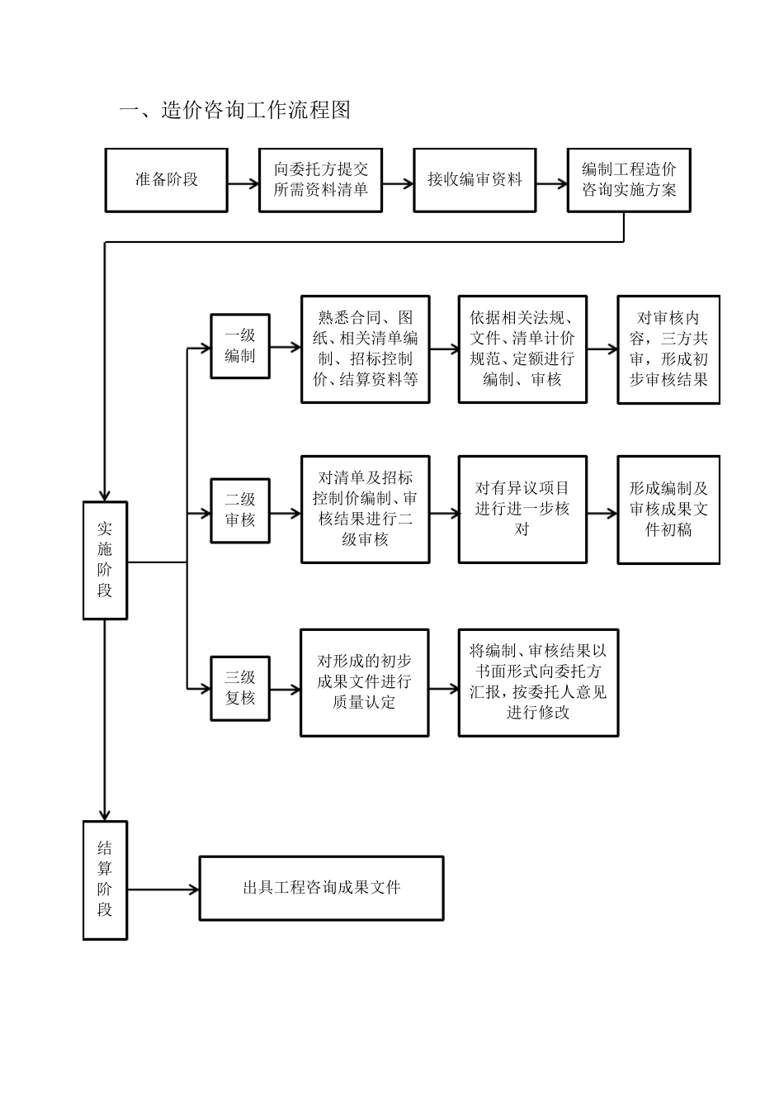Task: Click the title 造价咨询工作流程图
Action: pos(235,110)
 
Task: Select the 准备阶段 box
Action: pos(166,180)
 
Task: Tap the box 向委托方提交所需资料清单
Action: pos(320,180)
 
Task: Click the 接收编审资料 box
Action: pos(475,180)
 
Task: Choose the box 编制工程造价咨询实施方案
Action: pos(629,180)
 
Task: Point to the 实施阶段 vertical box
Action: pos(105,560)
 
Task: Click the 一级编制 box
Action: pos(240,346)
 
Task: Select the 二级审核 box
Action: pos(240,510)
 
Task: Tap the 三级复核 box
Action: pos(240,688)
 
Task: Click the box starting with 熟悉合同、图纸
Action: pos(365,349)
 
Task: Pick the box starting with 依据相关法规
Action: pos(522,349)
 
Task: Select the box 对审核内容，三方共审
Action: pos(668,349)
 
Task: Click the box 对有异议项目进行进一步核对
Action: pos(522,510)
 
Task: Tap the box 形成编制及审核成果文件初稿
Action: pos(668,510)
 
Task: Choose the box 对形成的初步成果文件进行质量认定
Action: pos(364,682)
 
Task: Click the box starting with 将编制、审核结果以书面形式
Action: pos(538,682)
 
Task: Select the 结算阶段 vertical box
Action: pos(105,880)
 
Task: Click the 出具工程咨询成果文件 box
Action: pos(321,889)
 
